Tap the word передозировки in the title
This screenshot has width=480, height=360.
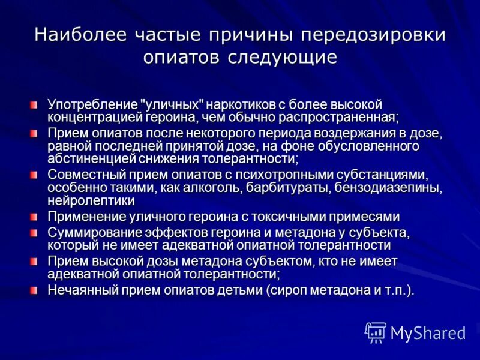click(373, 34)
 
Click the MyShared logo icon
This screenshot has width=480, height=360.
click(376, 332)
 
